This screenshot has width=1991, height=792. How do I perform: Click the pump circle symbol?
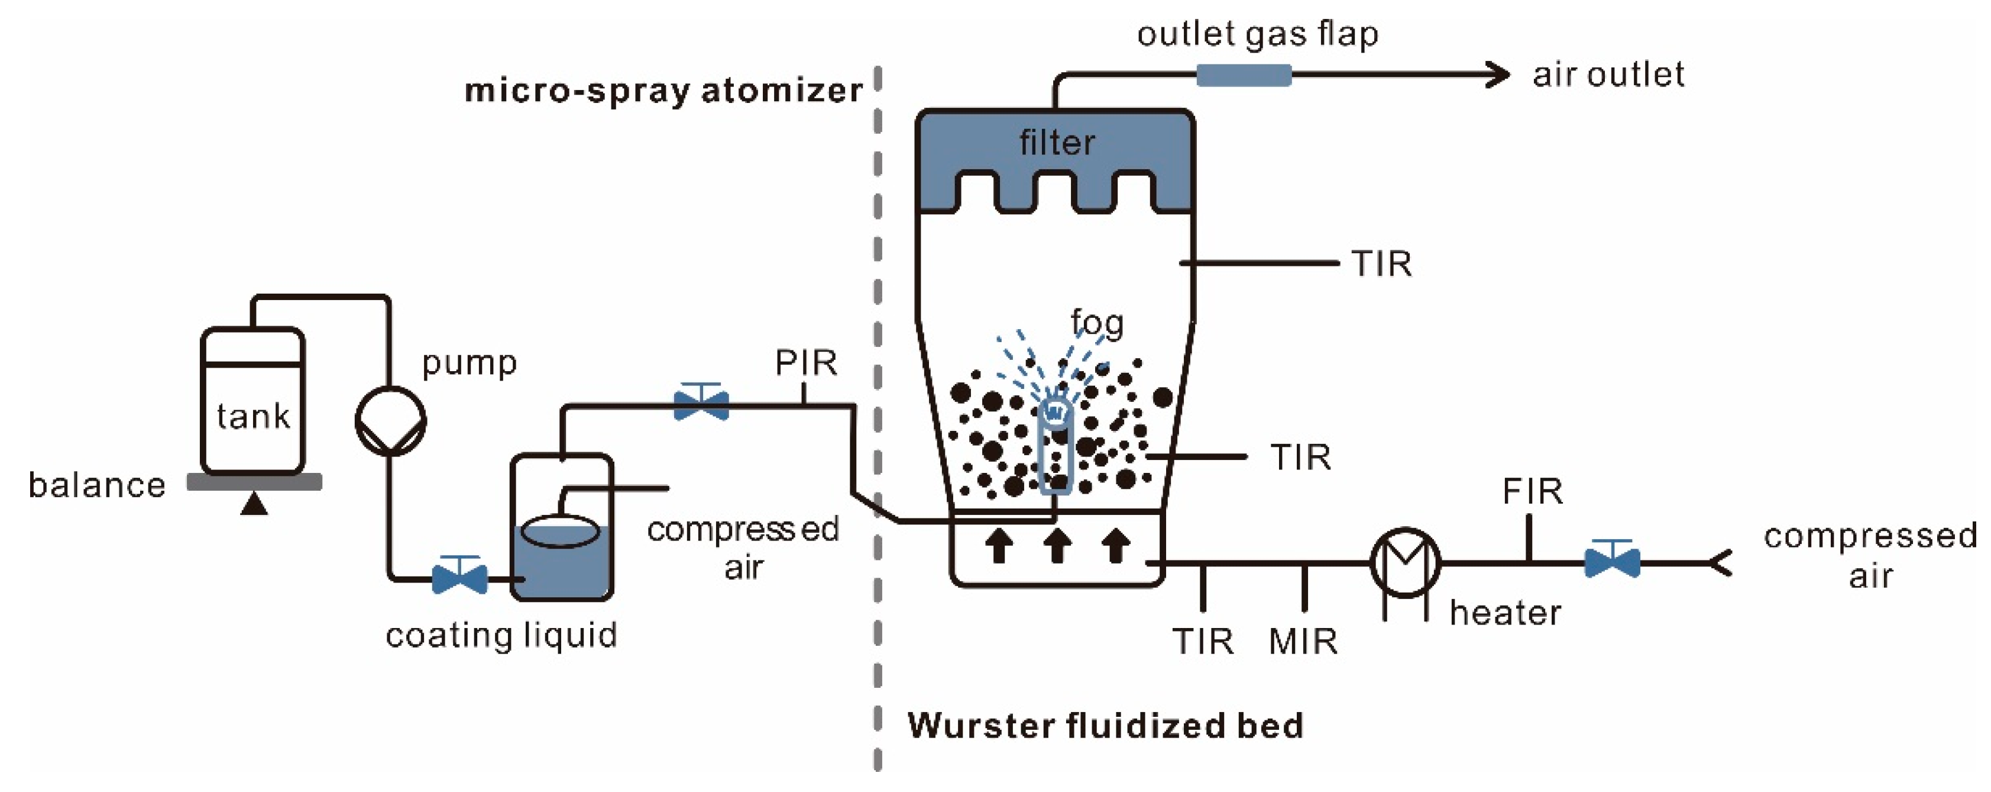(390, 421)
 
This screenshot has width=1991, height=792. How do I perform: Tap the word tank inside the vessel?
(252, 416)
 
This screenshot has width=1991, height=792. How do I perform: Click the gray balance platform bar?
(254, 482)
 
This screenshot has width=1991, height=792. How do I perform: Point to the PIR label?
(805, 363)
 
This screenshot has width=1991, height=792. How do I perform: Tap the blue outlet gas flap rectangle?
(1243, 75)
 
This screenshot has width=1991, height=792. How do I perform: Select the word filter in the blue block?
(1057, 143)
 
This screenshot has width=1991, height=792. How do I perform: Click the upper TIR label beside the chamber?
(1381, 265)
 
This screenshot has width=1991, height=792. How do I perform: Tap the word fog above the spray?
(1097, 323)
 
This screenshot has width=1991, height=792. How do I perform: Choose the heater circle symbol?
(1404, 563)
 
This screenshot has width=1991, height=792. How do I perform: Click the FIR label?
(1532, 491)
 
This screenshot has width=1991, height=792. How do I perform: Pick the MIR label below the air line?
(1303, 641)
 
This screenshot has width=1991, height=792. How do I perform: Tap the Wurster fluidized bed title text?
(1105, 726)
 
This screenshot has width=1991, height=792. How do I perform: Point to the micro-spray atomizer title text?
(663, 91)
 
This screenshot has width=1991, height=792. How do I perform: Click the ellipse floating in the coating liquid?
(561, 532)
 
